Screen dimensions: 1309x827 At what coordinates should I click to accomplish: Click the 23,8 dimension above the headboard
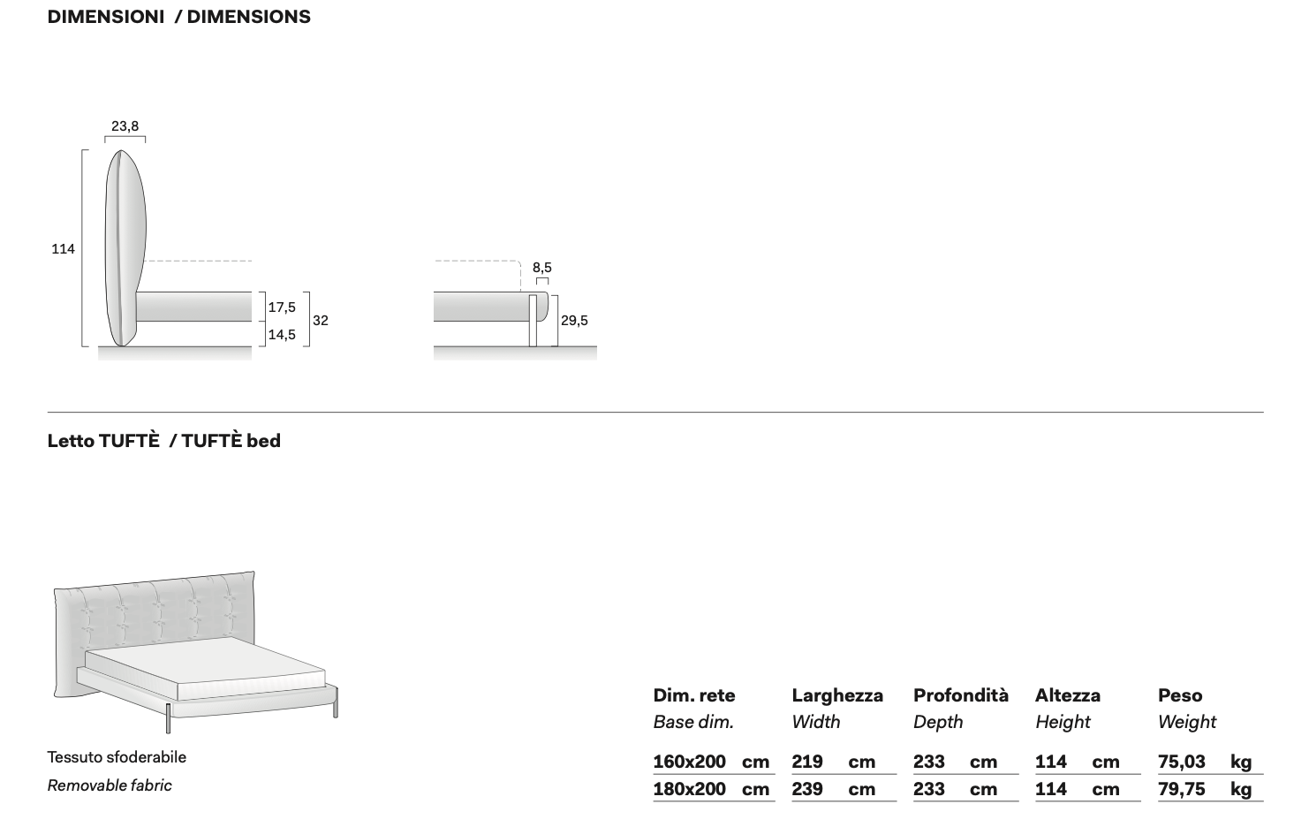125,125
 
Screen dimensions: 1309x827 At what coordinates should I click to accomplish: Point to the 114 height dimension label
63,249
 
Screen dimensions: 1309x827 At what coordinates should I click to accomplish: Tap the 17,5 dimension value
282,307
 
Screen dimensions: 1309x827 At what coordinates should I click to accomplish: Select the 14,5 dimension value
282,334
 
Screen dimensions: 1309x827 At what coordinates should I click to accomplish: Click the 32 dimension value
321,320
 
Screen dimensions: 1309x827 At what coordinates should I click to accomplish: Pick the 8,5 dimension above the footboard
541,268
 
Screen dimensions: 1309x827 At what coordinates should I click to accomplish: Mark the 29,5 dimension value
574,320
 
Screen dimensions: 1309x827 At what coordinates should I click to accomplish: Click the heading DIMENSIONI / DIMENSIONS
178,17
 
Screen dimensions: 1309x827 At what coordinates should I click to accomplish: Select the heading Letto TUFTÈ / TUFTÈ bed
164,440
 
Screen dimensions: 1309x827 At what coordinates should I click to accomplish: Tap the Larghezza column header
837,695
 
